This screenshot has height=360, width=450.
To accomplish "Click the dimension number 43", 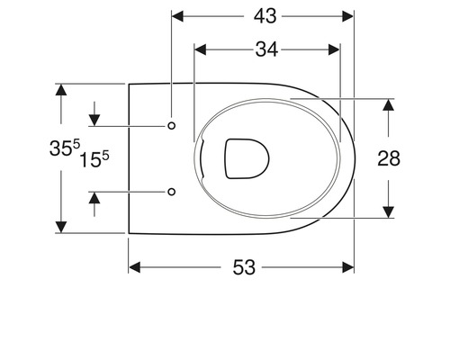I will [263, 16].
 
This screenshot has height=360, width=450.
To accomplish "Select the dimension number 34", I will [265, 50].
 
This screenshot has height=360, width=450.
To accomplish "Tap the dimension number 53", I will [244, 266].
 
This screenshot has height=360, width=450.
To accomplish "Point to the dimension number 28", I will [389, 158].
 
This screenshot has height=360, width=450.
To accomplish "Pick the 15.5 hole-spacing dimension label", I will [94, 160].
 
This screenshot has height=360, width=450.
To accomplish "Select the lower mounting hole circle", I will [172, 191].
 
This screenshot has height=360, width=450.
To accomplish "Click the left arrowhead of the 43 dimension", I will [177, 16].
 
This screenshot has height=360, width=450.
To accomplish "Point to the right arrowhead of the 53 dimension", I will [348, 266].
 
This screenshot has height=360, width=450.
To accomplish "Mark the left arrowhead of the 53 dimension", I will [135, 266].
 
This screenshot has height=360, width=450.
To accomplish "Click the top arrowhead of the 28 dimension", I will [389, 103].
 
